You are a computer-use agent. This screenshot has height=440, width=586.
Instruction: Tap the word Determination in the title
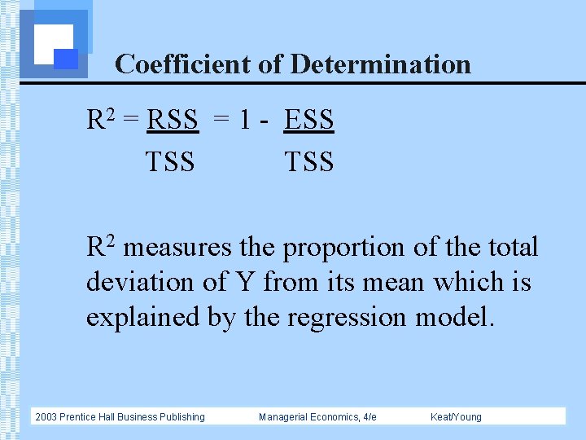[x=380, y=64]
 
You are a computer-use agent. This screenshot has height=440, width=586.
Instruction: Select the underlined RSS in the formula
[x=172, y=121]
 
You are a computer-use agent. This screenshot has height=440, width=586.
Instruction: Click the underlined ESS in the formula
[x=308, y=121]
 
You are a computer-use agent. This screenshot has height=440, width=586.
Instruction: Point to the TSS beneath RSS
[x=170, y=161]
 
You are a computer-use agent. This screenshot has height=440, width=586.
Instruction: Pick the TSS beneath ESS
[x=308, y=161]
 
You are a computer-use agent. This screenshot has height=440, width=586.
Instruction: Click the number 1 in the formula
[x=245, y=121]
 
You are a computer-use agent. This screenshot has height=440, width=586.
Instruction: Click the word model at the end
[x=453, y=317]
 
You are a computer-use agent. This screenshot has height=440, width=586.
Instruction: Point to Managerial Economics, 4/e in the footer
[x=317, y=417]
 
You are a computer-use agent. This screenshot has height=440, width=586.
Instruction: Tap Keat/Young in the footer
[x=456, y=417]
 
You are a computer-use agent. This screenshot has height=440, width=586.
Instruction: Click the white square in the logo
[x=54, y=42]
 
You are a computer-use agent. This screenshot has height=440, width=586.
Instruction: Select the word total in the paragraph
[x=512, y=248]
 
